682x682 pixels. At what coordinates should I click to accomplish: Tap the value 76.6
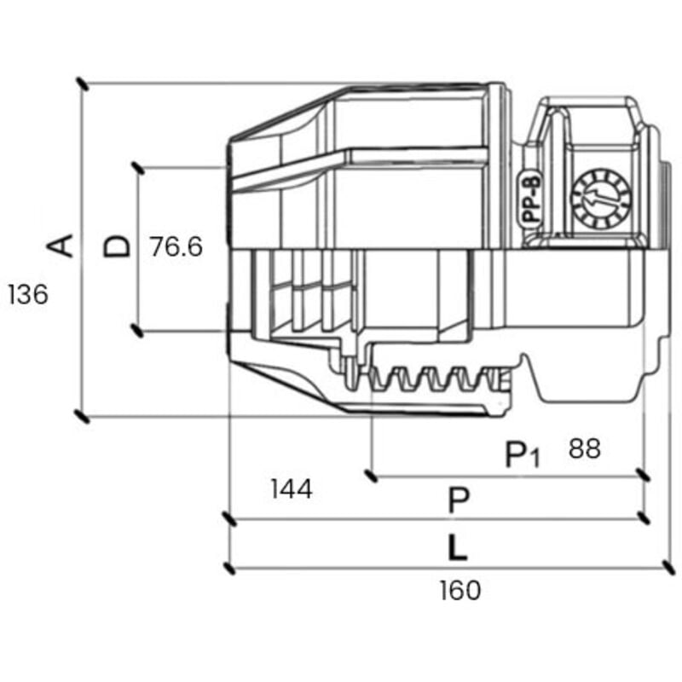(176, 247)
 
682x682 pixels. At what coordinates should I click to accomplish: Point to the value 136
(27, 295)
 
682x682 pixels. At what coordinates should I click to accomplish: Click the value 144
(291, 489)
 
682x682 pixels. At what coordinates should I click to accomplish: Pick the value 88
(584, 449)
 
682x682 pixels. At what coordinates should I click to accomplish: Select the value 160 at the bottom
(460, 590)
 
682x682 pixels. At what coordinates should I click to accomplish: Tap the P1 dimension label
(522, 455)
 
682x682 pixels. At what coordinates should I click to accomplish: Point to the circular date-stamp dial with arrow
(600, 197)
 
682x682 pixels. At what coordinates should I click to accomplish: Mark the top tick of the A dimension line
(82, 84)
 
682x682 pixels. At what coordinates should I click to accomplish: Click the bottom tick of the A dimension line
(82, 417)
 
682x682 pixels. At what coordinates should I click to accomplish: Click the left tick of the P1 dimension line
(370, 474)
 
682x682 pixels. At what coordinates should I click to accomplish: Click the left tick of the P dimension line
(228, 518)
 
